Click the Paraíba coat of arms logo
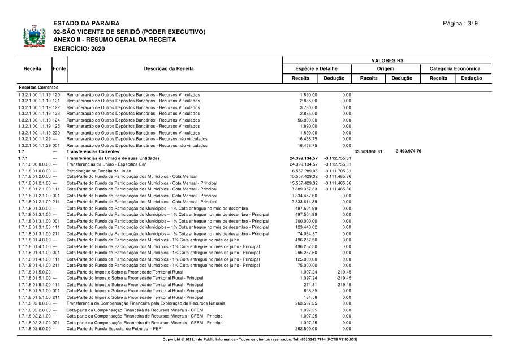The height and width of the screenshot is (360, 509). (x=33, y=37)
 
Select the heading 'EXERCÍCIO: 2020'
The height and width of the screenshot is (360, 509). (x=76, y=49)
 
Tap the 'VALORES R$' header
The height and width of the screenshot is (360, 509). (x=387, y=60)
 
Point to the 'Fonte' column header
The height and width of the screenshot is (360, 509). (x=59, y=69)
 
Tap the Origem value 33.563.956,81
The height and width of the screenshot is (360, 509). (x=368, y=151)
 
